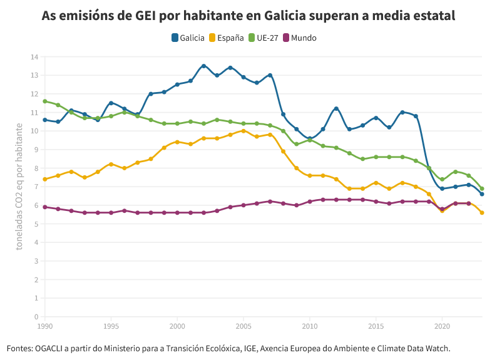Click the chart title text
click(x=248, y=16)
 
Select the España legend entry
click(x=226, y=38)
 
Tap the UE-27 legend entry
click(x=263, y=38)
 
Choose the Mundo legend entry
click(x=300, y=38)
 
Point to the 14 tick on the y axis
click(x=34, y=57)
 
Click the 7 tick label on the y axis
click(x=36, y=187)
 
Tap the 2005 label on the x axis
click(x=243, y=326)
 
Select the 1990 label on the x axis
click(x=45, y=326)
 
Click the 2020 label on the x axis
click(x=442, y=326)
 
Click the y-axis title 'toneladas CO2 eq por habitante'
click(x=19, y=187)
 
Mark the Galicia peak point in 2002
click(x=203, y=66)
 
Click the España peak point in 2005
click(x=243, y=131)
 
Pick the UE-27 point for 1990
click(x=45, y=101)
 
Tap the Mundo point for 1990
click(x=45, y=207)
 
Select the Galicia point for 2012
click(x=336, y=109)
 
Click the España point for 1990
click(x=45, y=179)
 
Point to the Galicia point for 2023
click(x=482, y=194)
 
